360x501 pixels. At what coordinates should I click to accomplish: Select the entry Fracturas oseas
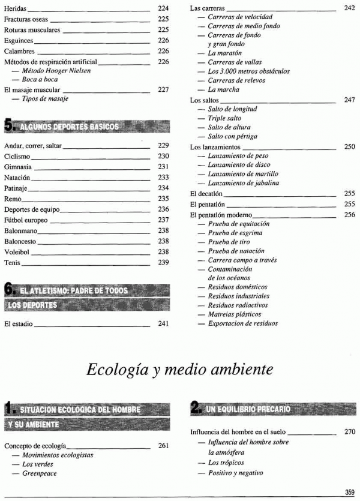26,19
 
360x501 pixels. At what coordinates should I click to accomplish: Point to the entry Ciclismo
17,156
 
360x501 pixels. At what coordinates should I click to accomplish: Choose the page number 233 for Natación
163,178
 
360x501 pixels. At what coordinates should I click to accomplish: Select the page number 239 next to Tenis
163,263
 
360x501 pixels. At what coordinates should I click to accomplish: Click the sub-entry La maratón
224,53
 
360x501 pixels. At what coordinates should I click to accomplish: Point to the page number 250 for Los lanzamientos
350,146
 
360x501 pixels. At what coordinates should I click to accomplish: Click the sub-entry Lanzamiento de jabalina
243,183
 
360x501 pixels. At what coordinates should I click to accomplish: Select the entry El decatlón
206,194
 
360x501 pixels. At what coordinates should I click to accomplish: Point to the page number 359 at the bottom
350,492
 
